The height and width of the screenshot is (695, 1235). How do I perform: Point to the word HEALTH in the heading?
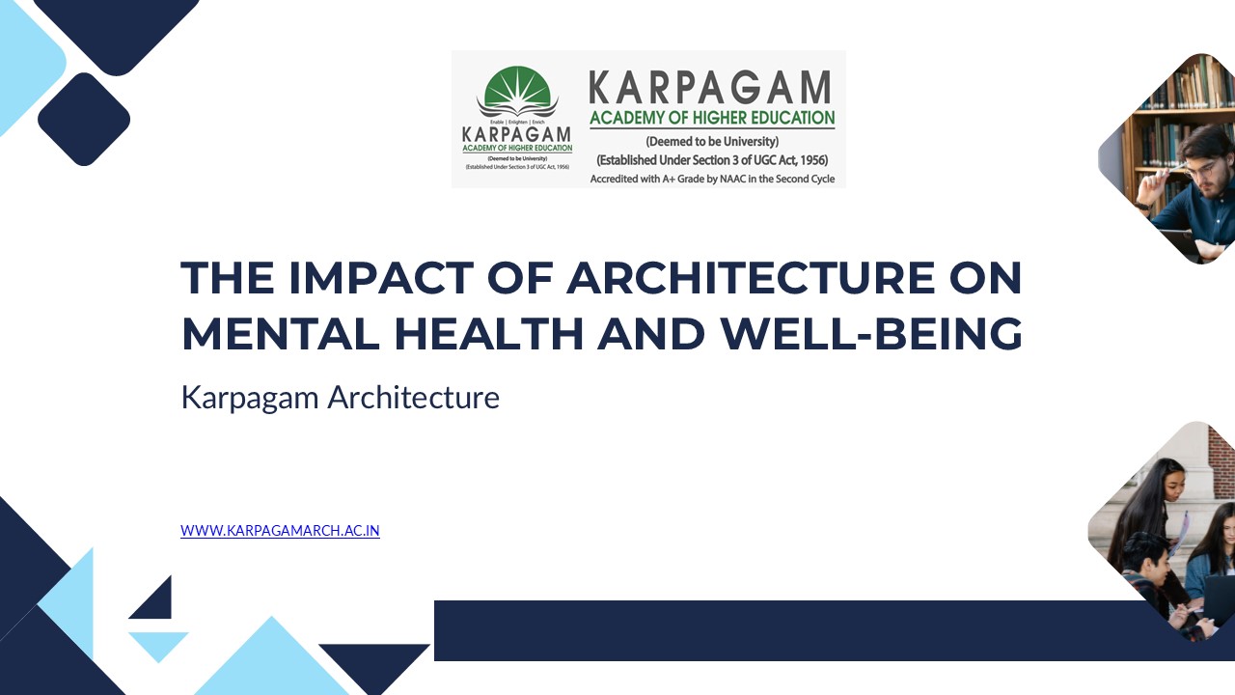(489, 333)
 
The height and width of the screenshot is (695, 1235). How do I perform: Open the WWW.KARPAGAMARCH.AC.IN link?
(280, 530)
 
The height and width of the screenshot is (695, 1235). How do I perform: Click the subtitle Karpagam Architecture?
(340, 397)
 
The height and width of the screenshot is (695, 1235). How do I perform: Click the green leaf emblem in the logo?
(517, 92)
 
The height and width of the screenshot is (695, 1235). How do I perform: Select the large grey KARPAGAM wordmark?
(710, 88)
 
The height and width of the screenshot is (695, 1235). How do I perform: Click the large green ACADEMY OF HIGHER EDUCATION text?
(712, 119)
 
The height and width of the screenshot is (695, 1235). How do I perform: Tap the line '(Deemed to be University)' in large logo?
(712, 142)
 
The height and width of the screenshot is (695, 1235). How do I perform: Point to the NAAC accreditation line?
(712, 179)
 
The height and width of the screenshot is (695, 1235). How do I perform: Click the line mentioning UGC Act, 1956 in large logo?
(712, 160)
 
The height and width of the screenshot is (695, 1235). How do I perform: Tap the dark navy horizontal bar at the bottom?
(772, 630)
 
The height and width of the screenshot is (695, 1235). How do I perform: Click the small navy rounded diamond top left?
(84, 119)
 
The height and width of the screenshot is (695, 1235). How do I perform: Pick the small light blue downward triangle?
(156, 645)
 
